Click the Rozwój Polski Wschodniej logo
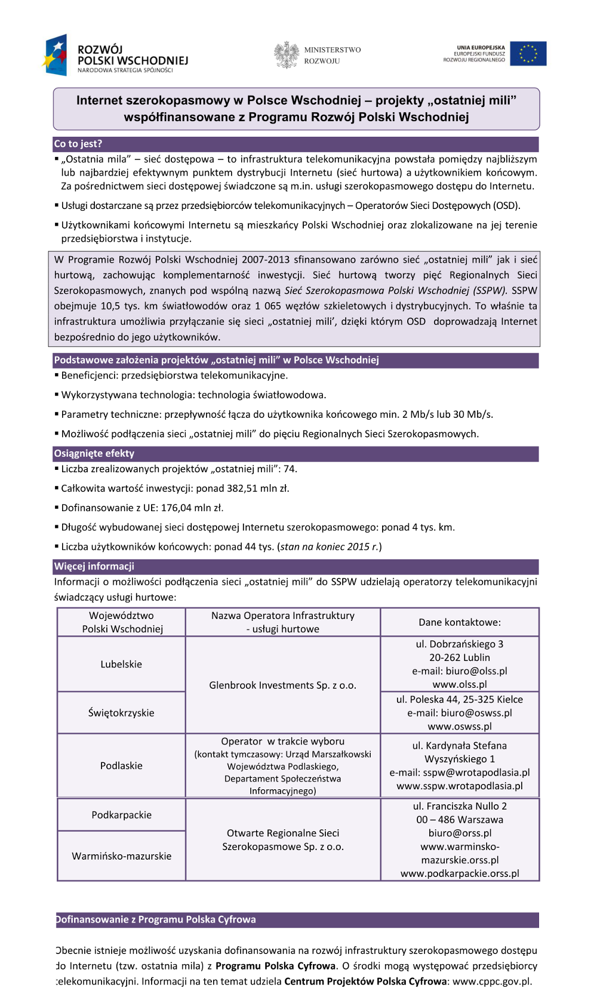(x=115, y=56)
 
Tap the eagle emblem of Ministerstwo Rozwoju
(x=287, y=55)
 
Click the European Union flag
(x=528, y=54)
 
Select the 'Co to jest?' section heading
(x=78, y=144)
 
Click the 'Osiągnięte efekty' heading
(x=94, y=454)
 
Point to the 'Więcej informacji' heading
(x=94, y=567)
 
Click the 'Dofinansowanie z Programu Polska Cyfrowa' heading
(x=156, y=920)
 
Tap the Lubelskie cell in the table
(x=121, y=664)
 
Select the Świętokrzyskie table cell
(x=121, y=713)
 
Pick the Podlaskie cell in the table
(x=121, y=766)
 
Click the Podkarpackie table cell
(x=121, y=815)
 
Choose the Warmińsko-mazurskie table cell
(x=121, y=856)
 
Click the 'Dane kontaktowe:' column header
(x=460, y=623)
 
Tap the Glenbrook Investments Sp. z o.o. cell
(x=282, y=685)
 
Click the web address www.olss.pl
(x=460, y=685)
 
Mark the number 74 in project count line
(x=289, y=469)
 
